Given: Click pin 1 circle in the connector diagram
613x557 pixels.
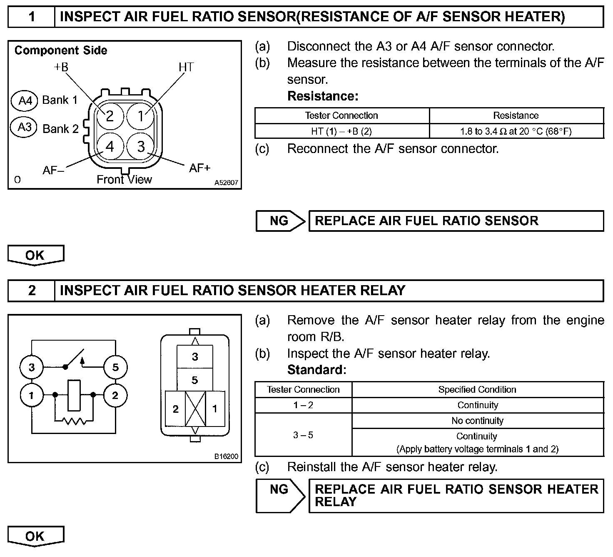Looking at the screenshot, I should (141, 115).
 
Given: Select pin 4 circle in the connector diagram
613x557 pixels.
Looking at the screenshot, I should (110, 146).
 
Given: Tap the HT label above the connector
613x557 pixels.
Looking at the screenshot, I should (186, 67).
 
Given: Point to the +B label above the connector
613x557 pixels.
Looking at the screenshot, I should (61, 67).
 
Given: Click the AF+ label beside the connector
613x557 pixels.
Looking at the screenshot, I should (200, 168).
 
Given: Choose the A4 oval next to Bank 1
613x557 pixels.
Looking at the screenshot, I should (25, 100).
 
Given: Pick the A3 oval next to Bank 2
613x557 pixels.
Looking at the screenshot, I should (25, 127).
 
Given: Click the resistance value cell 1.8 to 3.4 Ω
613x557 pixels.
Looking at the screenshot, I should (516, 131).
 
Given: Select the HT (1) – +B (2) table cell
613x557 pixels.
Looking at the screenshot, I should (341, 131).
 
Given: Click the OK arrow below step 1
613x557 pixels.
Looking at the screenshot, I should (35, 256).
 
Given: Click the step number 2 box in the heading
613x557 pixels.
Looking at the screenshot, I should (32, 290).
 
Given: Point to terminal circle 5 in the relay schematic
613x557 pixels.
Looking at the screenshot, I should (115, 367).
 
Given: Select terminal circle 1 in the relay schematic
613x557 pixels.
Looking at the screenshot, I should (31, 395).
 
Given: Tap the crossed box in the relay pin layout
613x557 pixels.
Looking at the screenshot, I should (195, 409).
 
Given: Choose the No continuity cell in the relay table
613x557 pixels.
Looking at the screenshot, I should (477, 421).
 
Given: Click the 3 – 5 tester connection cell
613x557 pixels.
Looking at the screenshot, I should (303, 435).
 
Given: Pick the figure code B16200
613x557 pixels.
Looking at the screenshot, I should (227, 457).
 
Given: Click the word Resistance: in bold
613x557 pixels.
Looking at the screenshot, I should (323, 96).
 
